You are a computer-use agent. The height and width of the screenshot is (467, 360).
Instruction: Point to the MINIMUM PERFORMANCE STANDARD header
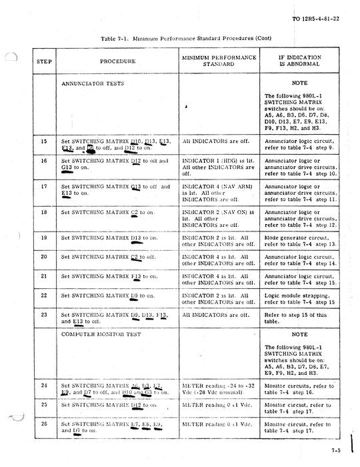point(219,61)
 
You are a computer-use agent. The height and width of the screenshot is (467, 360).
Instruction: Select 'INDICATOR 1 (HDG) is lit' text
point(213,161)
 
